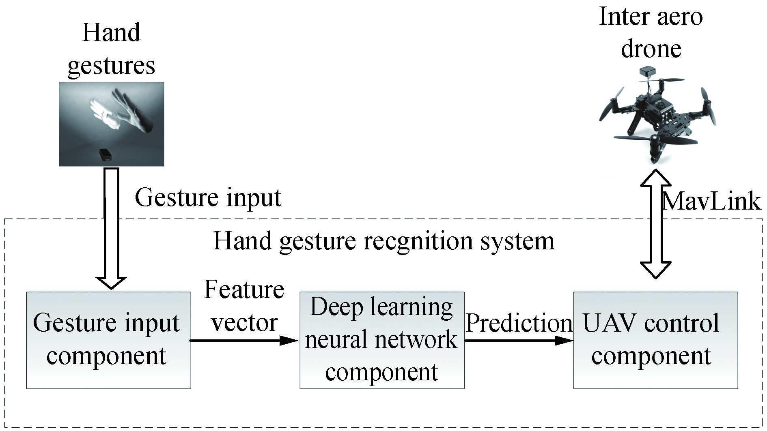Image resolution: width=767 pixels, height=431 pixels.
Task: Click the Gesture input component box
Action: click(108, 340)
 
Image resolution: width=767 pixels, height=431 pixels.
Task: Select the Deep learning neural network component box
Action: click(382, 340)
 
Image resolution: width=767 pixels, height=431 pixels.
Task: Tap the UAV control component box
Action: click(655, 340)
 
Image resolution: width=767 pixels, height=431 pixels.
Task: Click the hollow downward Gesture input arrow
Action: click(112, 227)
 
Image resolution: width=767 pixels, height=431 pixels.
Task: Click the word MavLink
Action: click(711, 201)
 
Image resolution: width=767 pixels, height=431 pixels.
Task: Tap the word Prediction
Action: click(519, 323)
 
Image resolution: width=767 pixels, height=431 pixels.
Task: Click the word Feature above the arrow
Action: click(244, 289)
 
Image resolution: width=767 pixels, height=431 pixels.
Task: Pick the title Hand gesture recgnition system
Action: click(383, 241)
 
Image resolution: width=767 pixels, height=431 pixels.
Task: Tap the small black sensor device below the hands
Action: click(106, 154)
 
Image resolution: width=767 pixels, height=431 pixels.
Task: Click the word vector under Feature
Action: click(245, 323)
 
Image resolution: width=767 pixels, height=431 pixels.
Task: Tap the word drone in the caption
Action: click(651, 49)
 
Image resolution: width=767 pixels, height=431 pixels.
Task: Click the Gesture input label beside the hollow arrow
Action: click(208, 198)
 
